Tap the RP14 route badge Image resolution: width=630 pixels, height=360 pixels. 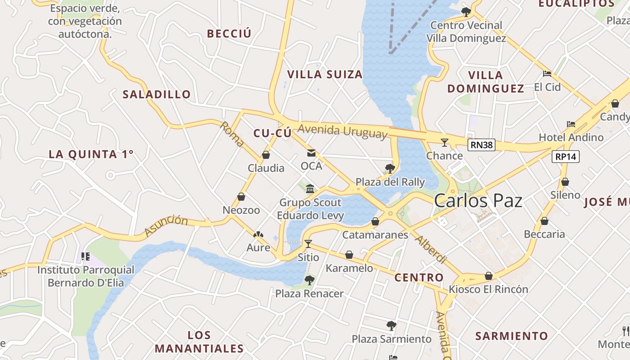coord(566,156)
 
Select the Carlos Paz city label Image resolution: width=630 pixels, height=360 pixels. coord(478,201)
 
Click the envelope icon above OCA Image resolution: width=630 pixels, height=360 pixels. coord(311,153)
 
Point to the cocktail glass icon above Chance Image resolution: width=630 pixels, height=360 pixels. coord(445,143)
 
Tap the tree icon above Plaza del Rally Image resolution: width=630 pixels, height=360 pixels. coord(390,169)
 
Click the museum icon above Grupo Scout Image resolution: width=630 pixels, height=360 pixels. coord(310,189)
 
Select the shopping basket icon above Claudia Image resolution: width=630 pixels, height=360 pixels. coord(266,155)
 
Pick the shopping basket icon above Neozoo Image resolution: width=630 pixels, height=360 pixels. coord(241,197)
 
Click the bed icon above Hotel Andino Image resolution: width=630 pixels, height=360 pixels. coord(571,124)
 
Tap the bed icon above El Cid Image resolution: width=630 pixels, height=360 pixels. coord(547,73)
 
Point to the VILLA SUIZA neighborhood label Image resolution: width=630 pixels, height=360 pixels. coord(325,74)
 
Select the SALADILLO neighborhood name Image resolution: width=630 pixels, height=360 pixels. coord(157,94)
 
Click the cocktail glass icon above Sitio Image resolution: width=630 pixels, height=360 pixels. coord(308,244)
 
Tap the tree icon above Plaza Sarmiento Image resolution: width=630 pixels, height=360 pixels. coord(391,325)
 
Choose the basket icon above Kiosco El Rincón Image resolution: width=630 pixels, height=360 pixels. coord(489,276)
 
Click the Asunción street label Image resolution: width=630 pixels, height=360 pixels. coord(166,225)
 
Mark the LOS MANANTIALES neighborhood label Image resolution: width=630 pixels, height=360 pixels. coord(199,342)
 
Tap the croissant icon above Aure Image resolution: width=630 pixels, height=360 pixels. coord(258,234)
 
